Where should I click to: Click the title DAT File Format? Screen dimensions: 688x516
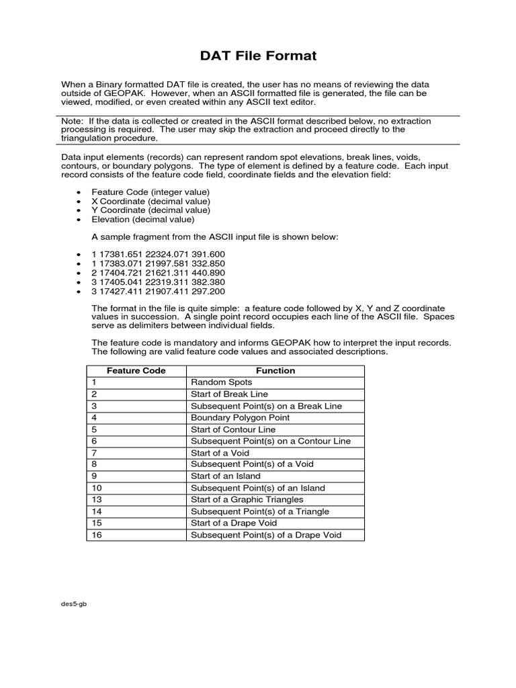point(258,56)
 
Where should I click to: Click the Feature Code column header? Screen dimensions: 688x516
point(136,370)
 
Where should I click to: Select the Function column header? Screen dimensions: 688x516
point(275,370)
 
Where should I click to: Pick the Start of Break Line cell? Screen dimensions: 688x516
point(229,394)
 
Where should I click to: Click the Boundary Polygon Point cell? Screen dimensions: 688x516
point(241,417)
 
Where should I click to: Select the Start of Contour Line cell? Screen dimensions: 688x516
point(233,429)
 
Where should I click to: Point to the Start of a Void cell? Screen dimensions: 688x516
point(220,453)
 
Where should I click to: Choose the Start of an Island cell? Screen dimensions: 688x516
point(226,476)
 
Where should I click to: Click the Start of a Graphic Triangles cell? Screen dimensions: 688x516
point(247,500)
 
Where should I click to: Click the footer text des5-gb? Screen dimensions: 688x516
point(74,603)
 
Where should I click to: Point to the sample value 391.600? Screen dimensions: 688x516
point(209,254)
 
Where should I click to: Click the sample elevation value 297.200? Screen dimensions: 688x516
point(209,292)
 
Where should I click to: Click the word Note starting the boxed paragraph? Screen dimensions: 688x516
point(71,121)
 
